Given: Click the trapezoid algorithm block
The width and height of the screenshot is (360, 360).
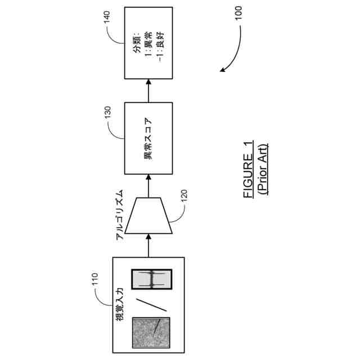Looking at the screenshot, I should (148, 215).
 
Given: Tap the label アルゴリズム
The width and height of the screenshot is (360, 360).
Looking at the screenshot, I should (120, 215).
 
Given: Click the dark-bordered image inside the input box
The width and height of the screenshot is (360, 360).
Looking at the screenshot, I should (151, 279).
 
